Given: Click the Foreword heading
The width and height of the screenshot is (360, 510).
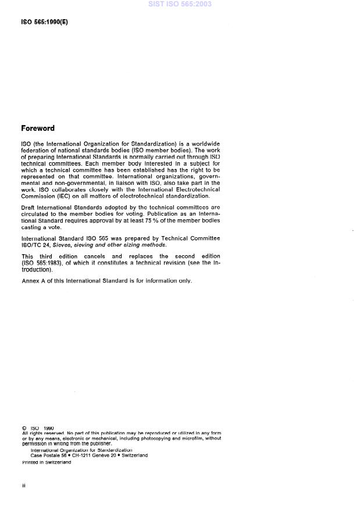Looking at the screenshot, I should click(38, 129).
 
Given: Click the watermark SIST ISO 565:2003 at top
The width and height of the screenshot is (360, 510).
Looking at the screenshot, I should click(180, 4).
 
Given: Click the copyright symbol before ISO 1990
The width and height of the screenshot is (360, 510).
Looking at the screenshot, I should click(24, 429).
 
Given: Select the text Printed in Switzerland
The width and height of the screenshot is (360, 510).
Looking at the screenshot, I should click(47, 462).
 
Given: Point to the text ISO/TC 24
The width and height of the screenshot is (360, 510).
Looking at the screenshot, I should click(36, 245).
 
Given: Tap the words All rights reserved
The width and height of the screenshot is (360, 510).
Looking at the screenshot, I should click(42, 433).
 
